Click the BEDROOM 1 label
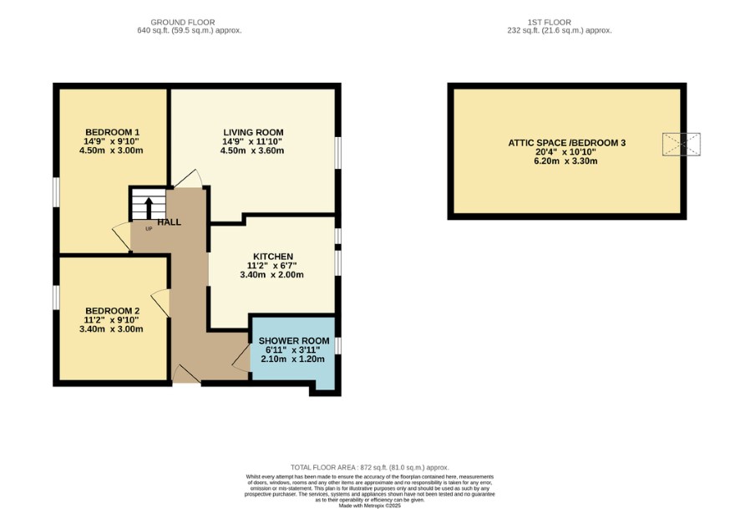[x=112, y=132]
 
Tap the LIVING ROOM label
[x=253, y=132]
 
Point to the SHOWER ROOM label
[x=293, y=341]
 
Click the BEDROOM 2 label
[x=112, y=311]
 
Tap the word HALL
[x=169, y=222]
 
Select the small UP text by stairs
[x=149, y=229]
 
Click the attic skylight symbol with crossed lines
[x=681, y=145]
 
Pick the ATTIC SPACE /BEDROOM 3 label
[x=566, y=143]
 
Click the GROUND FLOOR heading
[x=183, y=23]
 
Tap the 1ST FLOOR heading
[x=550, y=23]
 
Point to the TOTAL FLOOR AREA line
[x=369, y=467]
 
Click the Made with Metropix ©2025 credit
[x=369, y=506]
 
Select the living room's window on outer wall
[x=338, y=152]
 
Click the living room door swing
[x=189, y=179]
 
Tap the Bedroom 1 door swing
[x=122, y=236]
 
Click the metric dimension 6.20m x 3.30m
[x=566, y=161]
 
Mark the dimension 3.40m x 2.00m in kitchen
[x=271, y=275]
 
